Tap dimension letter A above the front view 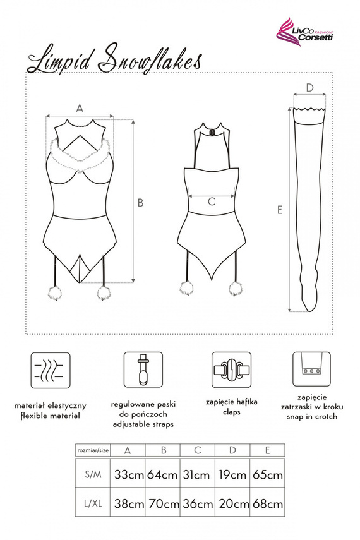coord(80,108)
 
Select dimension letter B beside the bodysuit coord(141,202)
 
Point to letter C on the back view coord(212,201)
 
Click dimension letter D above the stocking coord(309,87)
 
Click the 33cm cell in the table coord(128,474)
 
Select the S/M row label coord(92,474)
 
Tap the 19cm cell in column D coord(232,474)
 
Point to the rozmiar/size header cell coord(92,450)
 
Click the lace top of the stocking coord(310,114)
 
